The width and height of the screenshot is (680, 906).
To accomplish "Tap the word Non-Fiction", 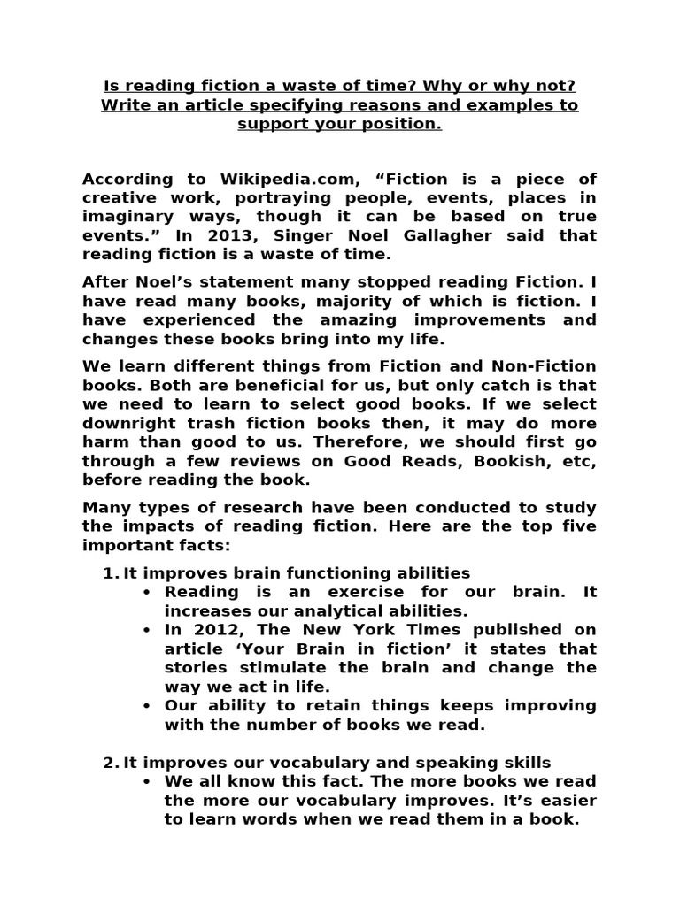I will click(x=542, y=365).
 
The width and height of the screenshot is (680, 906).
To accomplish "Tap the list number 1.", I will click(x=109, y=572).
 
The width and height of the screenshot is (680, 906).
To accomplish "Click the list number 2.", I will click(x=109, y=763).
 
